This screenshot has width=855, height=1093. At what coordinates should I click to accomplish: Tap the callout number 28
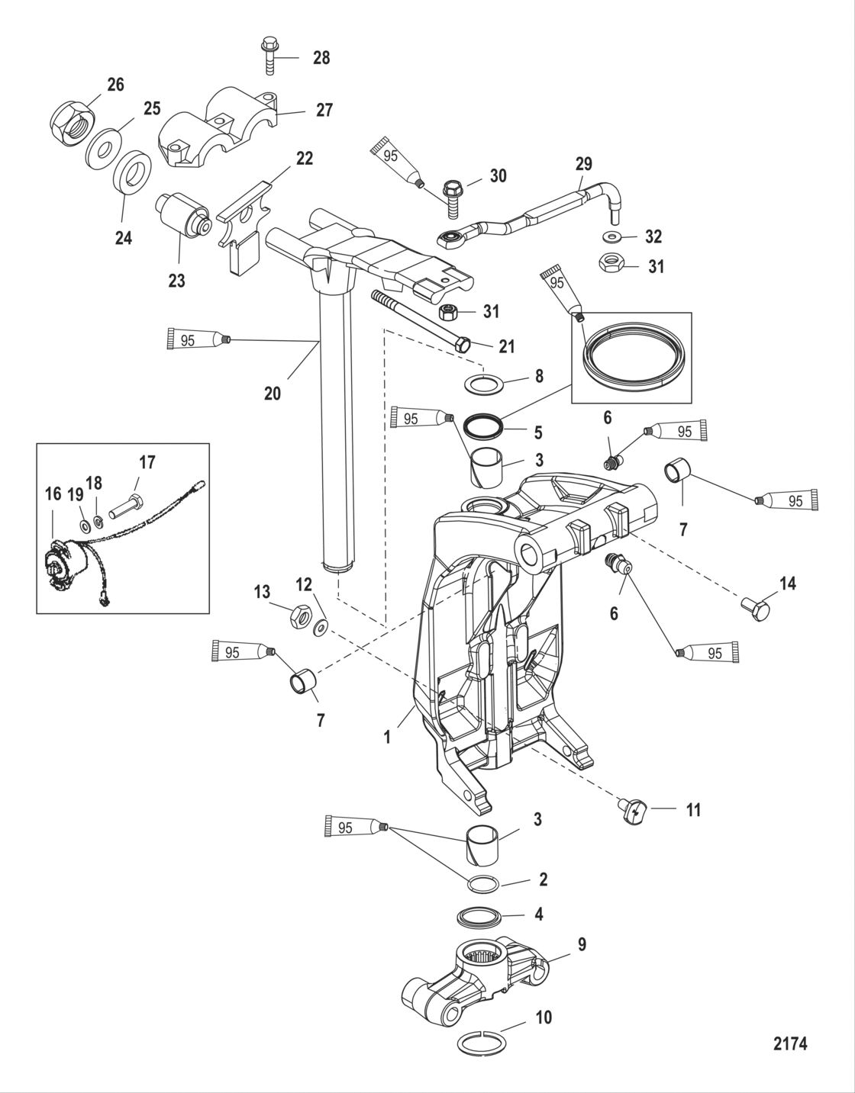[x=321, y=57]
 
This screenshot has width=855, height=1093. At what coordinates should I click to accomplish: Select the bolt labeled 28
[x=271, y=54]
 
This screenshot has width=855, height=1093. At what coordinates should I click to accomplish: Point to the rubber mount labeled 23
[x=183, y=214]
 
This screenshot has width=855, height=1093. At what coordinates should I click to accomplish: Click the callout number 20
[x=273, y=394]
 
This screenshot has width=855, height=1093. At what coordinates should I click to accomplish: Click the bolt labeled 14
[x=757, y=609]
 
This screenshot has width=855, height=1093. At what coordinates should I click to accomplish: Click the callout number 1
[x=387, y=738]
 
